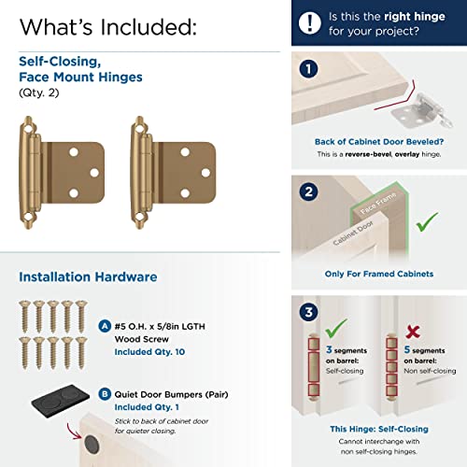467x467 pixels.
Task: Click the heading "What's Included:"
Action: point(107,26)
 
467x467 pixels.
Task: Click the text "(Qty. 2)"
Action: point(38,93)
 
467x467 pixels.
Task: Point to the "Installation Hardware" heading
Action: point(88,276)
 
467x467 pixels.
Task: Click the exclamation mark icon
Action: point(308,22)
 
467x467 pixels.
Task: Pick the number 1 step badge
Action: point(308,70)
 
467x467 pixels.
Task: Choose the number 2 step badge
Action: point(308,192)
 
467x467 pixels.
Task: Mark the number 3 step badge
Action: point(308,314)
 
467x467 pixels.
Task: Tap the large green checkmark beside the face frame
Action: point(428,221)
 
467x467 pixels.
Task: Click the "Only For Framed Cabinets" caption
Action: point(377,274)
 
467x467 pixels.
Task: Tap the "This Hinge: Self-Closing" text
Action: point(377,428)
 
